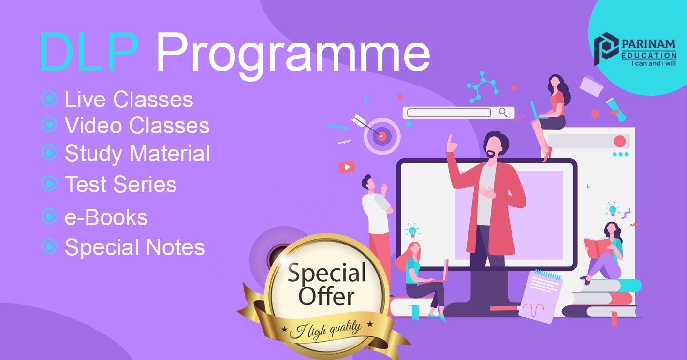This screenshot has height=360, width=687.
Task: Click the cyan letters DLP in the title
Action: click(x=89, y=52)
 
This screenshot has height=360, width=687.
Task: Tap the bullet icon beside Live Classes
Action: click(x=49, y=99)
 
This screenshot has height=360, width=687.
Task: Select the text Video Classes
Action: click(x=137, y=126)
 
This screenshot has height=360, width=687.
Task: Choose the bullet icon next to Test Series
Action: click(x=49, y=183)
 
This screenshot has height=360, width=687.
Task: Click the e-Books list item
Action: click(x=106, y=217)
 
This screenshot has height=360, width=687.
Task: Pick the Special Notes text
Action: click(x=134, y=247)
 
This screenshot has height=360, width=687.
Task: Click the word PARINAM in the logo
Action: click(x=649, y=44)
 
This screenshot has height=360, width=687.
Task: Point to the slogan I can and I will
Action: click(x=654, y=63)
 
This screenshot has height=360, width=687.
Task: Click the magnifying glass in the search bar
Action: click(x=503, y=113)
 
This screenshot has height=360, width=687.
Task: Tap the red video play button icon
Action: click(x=347, y=167)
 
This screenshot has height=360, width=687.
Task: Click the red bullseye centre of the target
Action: click(x=382, y=136)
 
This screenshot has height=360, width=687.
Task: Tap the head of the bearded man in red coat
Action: click(x=495, y=144)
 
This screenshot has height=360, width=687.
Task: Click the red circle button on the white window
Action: click(x=620, y=141)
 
